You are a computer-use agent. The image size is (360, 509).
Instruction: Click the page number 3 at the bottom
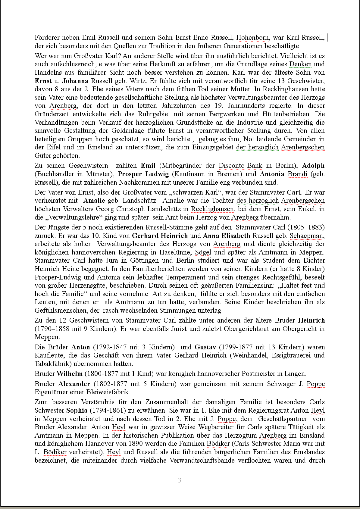tap(180, 480)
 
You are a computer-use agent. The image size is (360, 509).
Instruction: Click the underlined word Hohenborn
tap(252, 38)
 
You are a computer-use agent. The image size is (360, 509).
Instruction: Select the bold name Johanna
tap(75, 81)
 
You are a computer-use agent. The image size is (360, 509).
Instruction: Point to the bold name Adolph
tap(313, 165)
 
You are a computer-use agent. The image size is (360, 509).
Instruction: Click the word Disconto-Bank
tap(240, 165)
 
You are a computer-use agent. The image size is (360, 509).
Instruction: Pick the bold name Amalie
tap(94, 201)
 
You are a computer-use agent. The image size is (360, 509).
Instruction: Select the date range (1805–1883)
tap(305, 227)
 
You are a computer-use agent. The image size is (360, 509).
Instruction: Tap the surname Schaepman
tap(307, 236)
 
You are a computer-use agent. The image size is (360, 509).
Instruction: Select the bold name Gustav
tap(205, 347)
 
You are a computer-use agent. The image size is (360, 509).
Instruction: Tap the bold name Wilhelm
tap(70, 374)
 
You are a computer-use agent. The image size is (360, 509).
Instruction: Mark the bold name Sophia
tap(77, 410)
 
